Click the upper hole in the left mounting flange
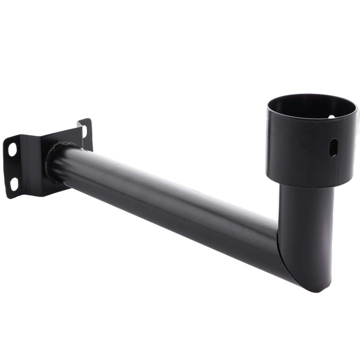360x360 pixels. click(x=12, y=148)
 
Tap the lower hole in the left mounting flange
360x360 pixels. click(x=14, y=184)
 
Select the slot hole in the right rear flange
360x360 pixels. click(x=84, y=131)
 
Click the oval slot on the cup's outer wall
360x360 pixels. click(x=333, y=147)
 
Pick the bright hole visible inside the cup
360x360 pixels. click(x=331, y=117)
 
